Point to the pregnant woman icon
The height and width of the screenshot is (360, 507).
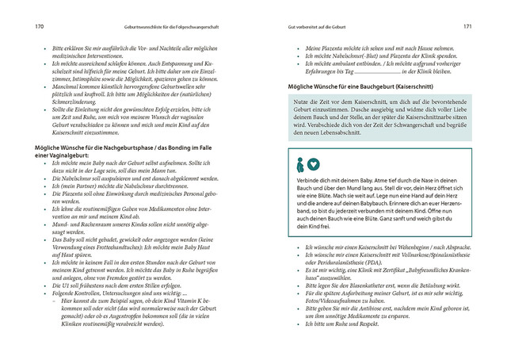click(299, 164)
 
